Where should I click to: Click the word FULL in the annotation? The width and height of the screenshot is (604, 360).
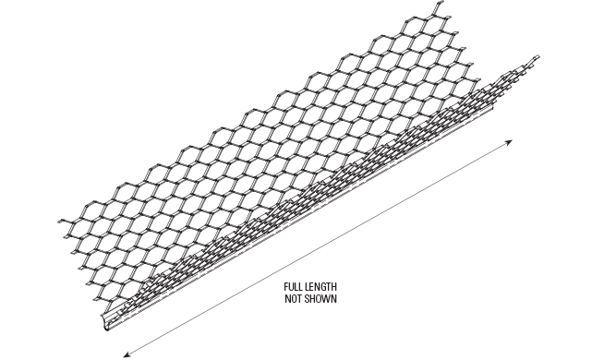click(293, 289)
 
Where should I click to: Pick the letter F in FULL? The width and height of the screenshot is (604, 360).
click(287, 289)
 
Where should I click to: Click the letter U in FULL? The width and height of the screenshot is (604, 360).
click(291, 289)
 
